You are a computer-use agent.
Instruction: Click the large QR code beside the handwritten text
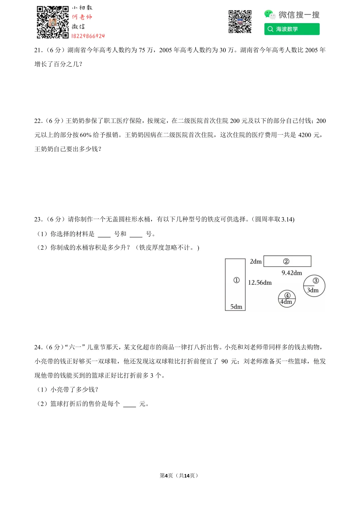[53, 22]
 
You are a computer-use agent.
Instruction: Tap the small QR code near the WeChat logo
[240, 22]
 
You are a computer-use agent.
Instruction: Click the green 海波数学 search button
[292, 29]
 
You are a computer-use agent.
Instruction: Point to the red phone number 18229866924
[88, 36]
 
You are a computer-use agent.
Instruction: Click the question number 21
[38, 50]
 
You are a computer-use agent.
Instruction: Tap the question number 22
[38, 121]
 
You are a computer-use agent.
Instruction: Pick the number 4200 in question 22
[304, 135]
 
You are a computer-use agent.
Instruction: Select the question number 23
[38, 219]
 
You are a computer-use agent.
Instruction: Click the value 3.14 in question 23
[287, 219]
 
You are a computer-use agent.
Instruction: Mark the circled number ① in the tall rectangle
[236, 280]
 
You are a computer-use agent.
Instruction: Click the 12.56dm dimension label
[260, 283]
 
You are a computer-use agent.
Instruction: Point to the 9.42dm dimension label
[292, 273]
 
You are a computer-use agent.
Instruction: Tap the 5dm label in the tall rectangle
[236, 307]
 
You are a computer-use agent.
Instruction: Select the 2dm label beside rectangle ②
[256, 262]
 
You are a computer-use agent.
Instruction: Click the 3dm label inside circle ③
[313, 290]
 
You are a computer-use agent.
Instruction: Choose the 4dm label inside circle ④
[286, 302]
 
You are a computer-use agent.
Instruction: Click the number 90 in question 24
[224, 361]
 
